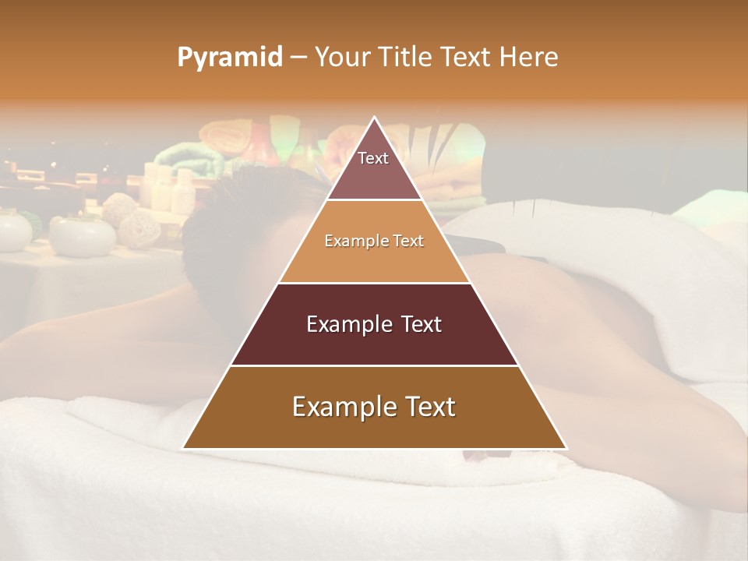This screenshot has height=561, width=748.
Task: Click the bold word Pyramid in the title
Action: [229, 58]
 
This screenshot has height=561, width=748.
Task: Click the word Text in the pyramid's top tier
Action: [373, 158]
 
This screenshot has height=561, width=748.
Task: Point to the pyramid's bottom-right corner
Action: [566, 448]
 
